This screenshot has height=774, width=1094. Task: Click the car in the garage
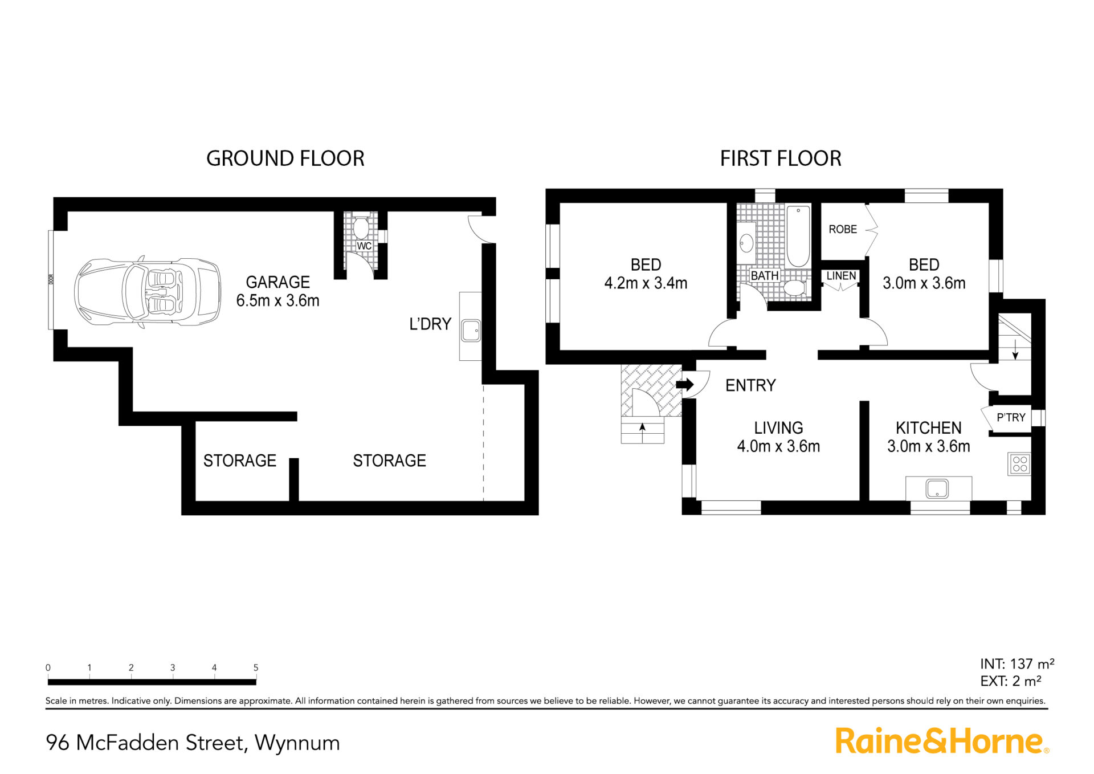[148, 292]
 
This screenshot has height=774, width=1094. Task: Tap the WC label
[364, 246]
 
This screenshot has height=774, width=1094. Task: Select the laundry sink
[471, 331]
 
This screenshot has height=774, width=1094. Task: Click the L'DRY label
[430, 324]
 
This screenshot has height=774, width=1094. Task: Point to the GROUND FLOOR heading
[285, 158]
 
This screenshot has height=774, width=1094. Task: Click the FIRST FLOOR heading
[781, 158]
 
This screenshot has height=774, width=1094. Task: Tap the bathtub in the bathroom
[798, 237]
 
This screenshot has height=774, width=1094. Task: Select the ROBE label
[843, 229]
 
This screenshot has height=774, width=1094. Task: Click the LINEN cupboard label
[841, 276]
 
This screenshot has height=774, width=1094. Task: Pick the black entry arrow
[684, 385]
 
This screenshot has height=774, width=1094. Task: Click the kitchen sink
[937, 488]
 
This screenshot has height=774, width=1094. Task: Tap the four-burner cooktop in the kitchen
[1020, 464]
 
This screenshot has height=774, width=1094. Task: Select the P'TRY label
[1011, 417]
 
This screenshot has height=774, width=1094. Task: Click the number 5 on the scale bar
[256, 667]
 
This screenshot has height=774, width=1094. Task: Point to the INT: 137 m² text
[1017, 664]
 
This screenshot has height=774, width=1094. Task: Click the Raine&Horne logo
[942, 741]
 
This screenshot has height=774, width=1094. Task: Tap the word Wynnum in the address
[297, 743]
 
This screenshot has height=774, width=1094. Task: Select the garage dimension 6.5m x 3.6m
[278, 300]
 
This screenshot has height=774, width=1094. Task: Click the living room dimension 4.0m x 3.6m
[778, 446]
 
